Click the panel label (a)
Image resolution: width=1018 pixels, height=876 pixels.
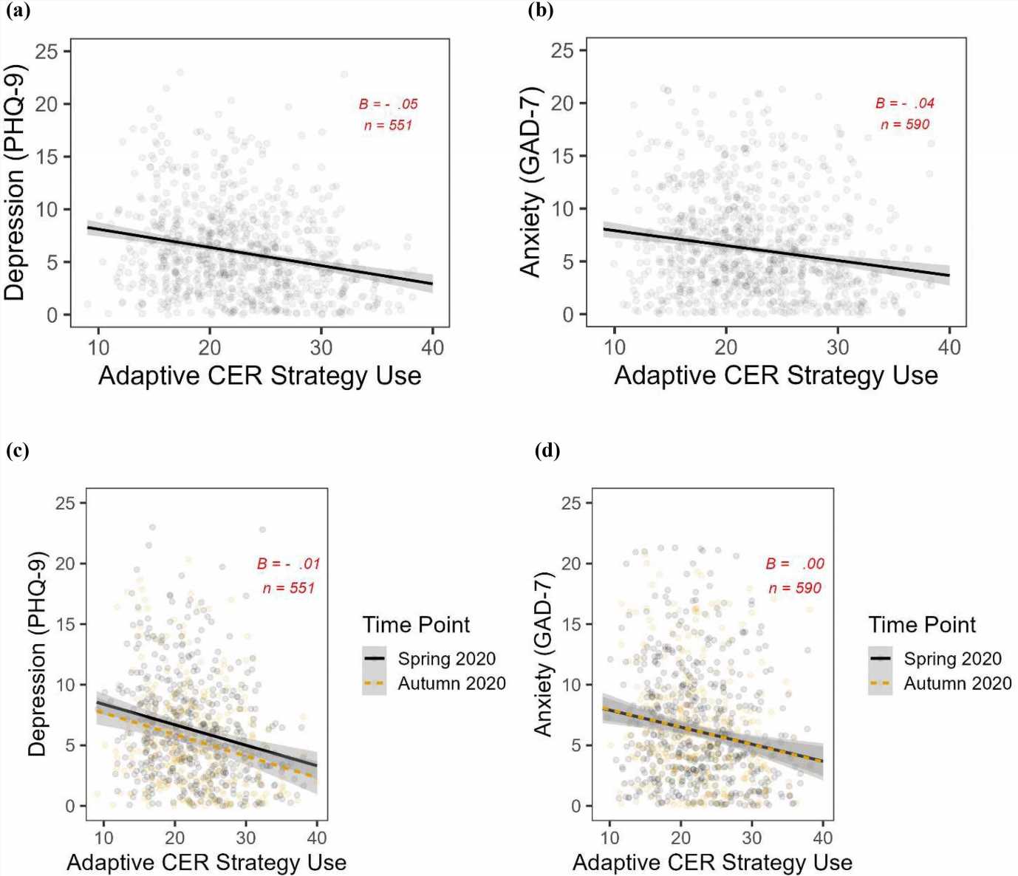[x=18, y=11]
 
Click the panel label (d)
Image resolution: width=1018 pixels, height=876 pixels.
[x=547, y=450]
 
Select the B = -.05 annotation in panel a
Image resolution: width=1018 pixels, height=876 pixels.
[x=389, y=104]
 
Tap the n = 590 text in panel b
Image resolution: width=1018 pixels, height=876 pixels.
[x=905, y=124]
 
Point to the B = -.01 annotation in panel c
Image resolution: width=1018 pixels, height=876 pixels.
[x=288, y=564]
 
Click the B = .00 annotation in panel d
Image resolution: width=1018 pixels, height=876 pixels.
[x=795, y=564]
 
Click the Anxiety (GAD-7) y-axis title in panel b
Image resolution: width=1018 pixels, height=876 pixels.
[x=530, y=182]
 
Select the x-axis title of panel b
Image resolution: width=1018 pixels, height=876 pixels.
[x=776, y=375]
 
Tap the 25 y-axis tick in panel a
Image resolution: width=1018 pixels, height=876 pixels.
[x=46, y=51]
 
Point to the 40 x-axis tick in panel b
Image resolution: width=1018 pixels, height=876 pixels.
[x=949, y=346]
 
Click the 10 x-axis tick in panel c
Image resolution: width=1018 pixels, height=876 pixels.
[x=103, y=838]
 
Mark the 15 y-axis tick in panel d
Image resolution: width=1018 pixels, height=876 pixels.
[x=571, y=624]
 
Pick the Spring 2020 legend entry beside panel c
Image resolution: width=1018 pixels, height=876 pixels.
[x=446, y=659]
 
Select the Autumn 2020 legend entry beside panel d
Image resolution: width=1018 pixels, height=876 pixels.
[x=957, y=683]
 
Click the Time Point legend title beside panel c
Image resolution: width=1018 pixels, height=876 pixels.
[x=416, y=625]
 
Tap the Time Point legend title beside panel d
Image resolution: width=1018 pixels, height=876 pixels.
[x=922, y=625]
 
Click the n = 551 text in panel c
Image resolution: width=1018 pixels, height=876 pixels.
[x=288, y=588]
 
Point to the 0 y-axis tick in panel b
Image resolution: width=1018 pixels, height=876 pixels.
[x=567, y=315]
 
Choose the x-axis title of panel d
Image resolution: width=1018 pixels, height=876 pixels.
[x=712, y=862]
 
